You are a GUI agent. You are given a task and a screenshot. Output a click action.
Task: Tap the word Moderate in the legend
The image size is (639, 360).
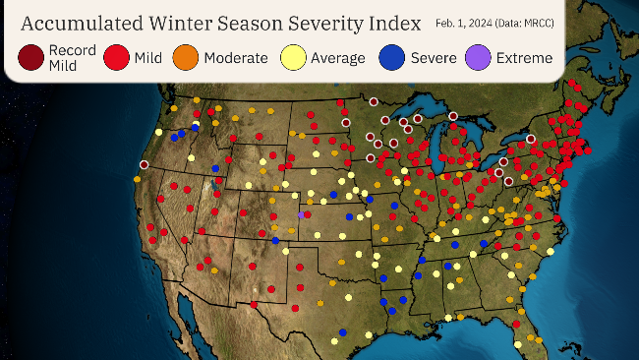coord(235,58)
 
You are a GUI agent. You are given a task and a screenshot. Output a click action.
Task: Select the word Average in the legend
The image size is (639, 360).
coord(338,58)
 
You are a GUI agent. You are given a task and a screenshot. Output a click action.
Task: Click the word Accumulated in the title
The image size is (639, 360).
coord(78,23)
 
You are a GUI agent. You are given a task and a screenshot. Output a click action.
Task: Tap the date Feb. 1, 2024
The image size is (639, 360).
coord(466,23)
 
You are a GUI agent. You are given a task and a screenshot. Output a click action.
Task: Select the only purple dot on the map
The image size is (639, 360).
coord(301,213)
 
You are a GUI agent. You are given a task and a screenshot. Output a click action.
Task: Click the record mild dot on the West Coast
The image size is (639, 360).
coord(145,164)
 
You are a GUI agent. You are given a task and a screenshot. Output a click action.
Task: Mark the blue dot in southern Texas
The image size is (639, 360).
coord(342,331)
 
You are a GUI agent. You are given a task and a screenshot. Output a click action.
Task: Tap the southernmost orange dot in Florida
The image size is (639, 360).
coord(542,343)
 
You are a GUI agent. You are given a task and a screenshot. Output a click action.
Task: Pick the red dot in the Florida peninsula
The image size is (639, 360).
coord(516,323)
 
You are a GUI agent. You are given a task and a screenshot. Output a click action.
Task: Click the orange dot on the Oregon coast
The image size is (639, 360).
coord(137,179)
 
